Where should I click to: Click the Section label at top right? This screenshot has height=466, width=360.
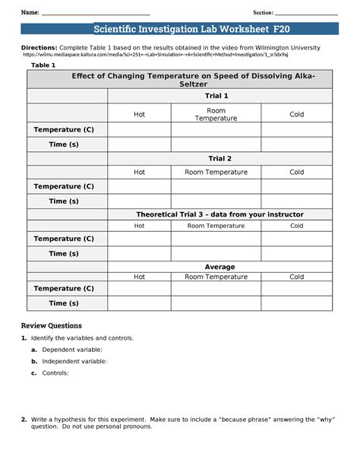[x=263, y=13]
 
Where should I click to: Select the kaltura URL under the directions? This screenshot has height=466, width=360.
[x=156, y=55]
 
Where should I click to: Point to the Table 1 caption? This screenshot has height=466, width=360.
[x=43, y=65]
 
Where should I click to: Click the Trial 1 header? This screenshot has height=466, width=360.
[x=216, y=96]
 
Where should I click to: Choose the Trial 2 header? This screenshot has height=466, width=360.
[x=216, y=158]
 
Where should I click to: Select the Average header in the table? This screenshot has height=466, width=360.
[x=219, y=267]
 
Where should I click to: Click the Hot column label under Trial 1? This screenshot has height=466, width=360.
[x=139, y=114]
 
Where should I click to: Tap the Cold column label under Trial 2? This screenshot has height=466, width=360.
[x=296, y=172]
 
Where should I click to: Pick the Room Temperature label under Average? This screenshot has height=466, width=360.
[x=216, y=277]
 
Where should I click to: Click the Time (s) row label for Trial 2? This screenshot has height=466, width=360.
[x=64, y=201]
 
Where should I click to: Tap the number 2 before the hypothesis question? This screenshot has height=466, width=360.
[x=24, y=419]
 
